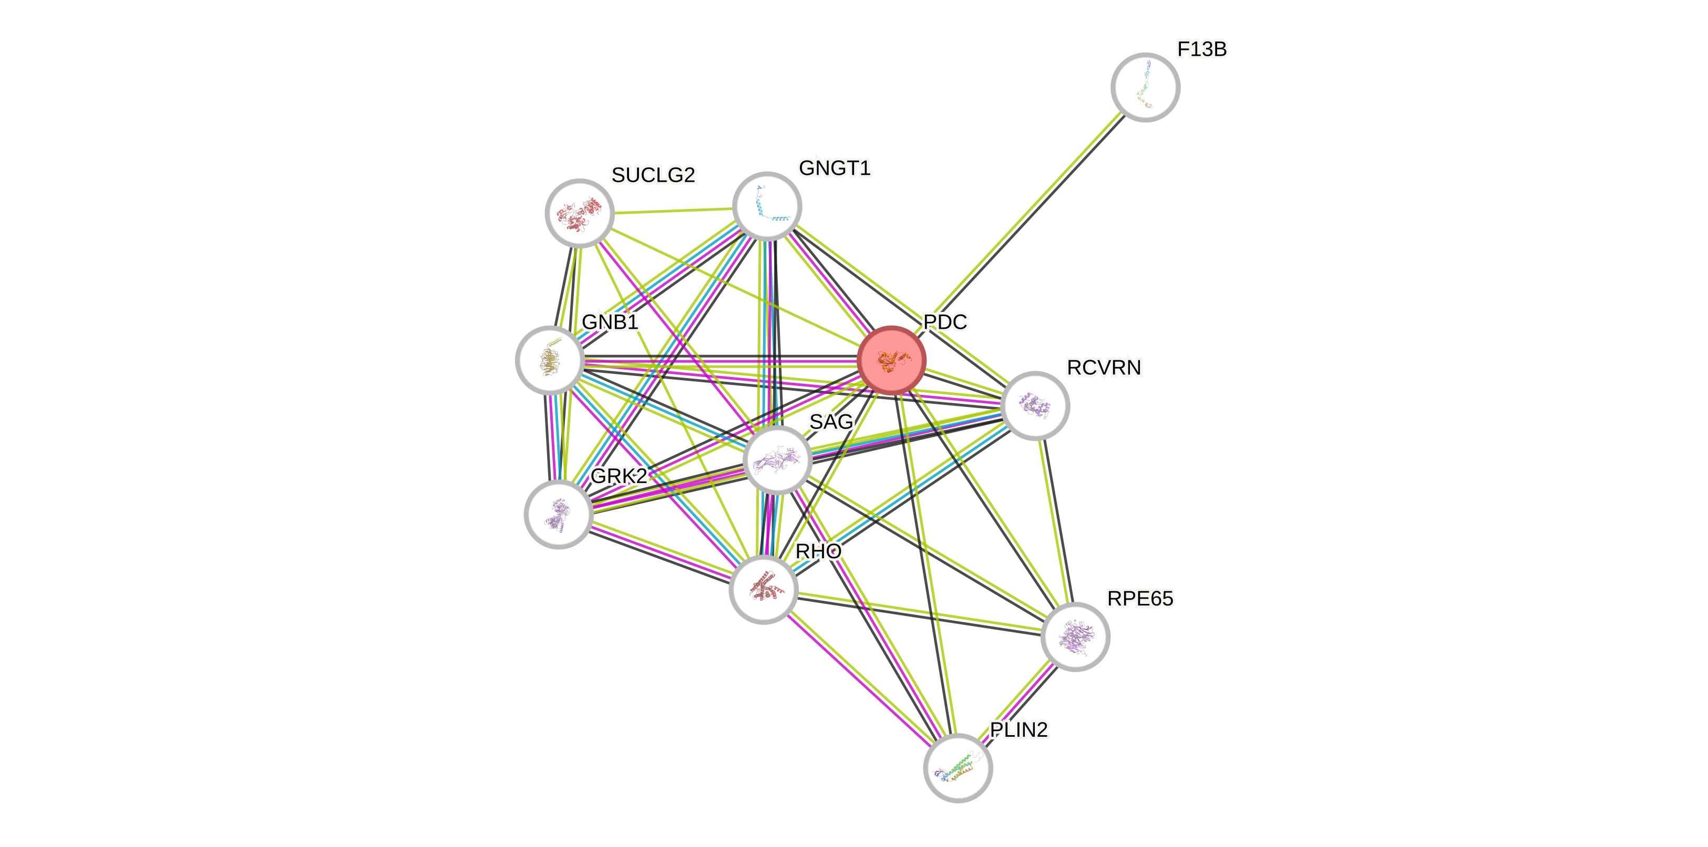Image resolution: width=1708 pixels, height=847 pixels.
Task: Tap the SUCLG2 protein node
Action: tap(580, 213)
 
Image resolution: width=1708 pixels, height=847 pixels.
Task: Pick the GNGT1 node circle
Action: tap(767, 206)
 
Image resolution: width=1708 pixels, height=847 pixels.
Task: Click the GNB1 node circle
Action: tap(550, 360)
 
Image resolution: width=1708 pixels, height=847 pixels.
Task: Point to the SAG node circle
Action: tap(778, 460)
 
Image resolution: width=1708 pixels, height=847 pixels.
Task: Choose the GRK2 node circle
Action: tap(558, 514)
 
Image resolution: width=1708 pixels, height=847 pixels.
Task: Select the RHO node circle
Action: tap(763, 589)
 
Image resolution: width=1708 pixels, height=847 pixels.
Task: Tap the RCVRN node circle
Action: tap(1034, 405)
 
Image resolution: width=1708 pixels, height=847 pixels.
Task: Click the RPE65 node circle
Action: tap(1075, 636)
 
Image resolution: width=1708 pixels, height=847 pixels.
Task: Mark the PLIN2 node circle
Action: tap(958, 768)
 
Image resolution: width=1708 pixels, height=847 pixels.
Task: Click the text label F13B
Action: tap(1201, 49)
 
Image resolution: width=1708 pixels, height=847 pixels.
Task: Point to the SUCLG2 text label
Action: tap(653, 175)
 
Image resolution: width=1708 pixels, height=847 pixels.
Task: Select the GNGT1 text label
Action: tap(834, 169)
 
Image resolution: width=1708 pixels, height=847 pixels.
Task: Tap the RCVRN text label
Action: tap(1104, 367)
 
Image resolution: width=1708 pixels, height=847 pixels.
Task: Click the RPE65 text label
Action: tap(1140, 599)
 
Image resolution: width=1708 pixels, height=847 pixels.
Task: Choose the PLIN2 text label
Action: tap(1018, 730)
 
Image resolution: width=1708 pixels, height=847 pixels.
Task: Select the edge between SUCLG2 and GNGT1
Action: tap(673, 211)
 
